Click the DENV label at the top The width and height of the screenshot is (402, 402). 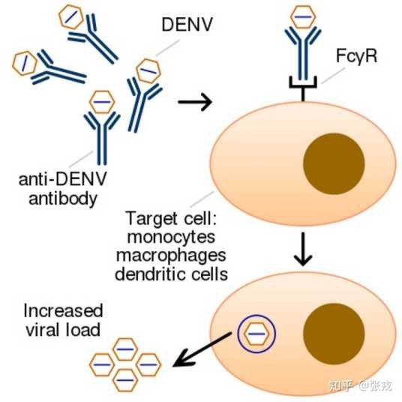(x=187, y=24)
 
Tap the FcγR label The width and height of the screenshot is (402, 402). (x=356, y=56)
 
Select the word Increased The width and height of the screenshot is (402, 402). (x=63, y=310)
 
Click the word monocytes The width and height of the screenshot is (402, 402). (x=171, y=237)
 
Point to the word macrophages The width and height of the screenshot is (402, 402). (x=171, y=256)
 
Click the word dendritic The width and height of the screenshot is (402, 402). (x=150, y=274)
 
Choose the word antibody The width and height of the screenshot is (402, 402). (x=63, y=199)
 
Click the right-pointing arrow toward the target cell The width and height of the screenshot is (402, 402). (x=195, y=102)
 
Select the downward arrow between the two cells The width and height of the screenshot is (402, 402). (x=303, y=249)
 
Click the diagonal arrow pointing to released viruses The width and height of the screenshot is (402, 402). (x=202, y=349)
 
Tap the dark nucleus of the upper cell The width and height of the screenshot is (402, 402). (x=334, y=163)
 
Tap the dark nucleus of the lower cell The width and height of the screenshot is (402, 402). (x=334, y=333)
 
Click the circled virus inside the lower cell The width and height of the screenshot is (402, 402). (x=256, y=334)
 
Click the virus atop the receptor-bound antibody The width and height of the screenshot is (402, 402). (x=303, y=17)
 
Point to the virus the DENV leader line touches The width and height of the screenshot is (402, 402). (x=148, y=70)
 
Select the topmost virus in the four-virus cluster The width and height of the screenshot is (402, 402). (x=125, y=349)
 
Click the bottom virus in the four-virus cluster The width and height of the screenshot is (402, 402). (x=125, y=380)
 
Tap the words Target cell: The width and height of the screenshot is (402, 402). (x=171, y=218)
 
